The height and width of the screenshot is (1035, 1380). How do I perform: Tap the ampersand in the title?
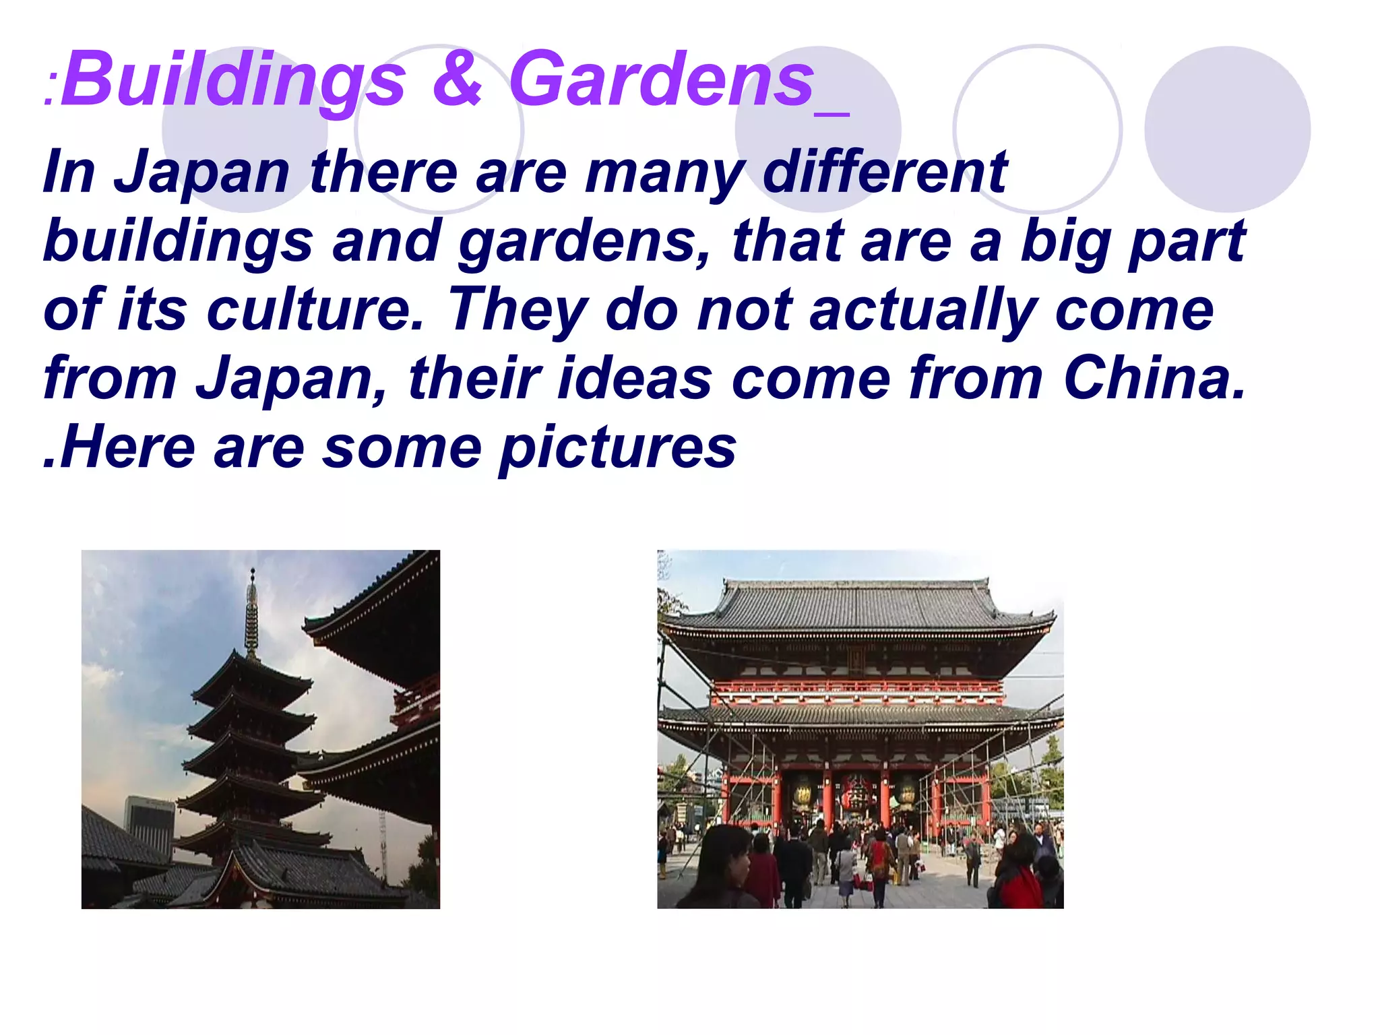(458, 79)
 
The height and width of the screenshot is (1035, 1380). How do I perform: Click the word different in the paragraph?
(885, 172)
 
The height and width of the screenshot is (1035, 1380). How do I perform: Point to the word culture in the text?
(315, 311)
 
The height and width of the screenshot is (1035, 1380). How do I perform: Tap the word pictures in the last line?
(618, 449)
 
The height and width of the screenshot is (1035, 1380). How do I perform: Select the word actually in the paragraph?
(922, 311)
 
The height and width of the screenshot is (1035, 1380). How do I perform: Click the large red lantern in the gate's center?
(856, 794)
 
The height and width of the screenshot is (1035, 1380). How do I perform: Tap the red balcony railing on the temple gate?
(856, 687)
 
